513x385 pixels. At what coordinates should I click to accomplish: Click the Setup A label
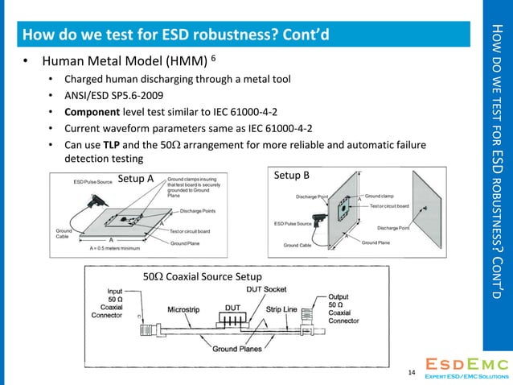[136, 178]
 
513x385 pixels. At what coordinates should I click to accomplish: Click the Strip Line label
[283, 308]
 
